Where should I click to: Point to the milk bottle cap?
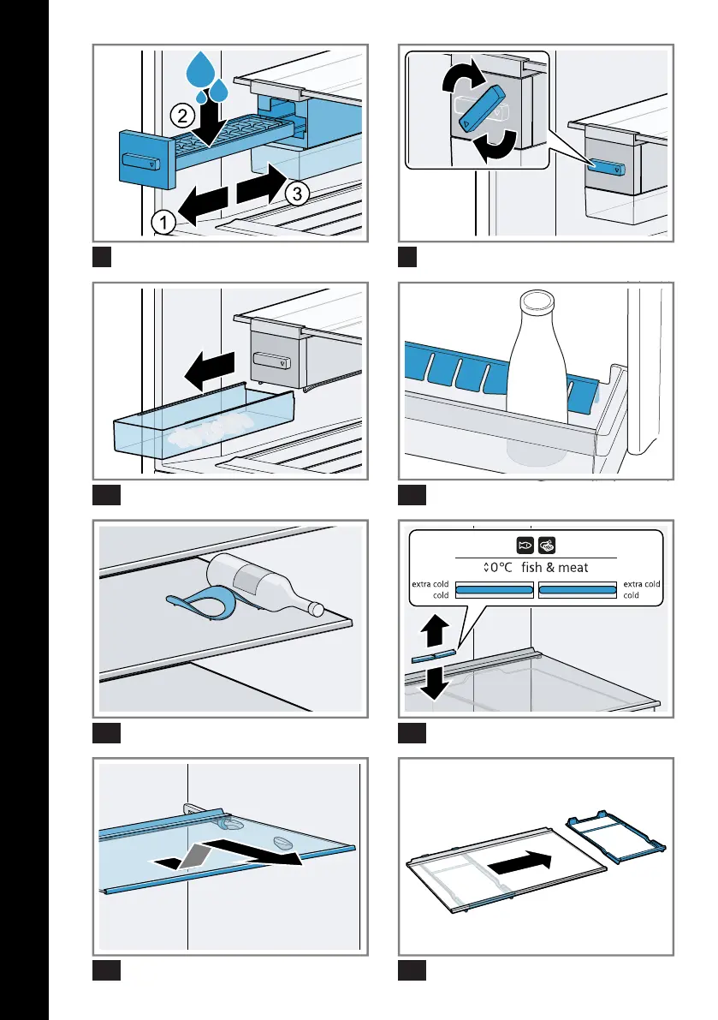[538, 301]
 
